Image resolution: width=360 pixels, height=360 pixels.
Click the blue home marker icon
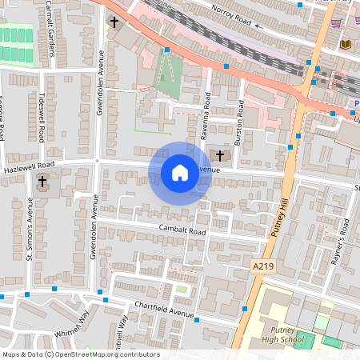tap(180, 172)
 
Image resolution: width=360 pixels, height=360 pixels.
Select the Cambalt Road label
tap(182, 231)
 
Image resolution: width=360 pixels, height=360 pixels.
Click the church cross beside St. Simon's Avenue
tap(42, 182)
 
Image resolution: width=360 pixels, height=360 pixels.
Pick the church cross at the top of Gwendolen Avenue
tap(114, 22)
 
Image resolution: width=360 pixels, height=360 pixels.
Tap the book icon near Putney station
tap(346, 43)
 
